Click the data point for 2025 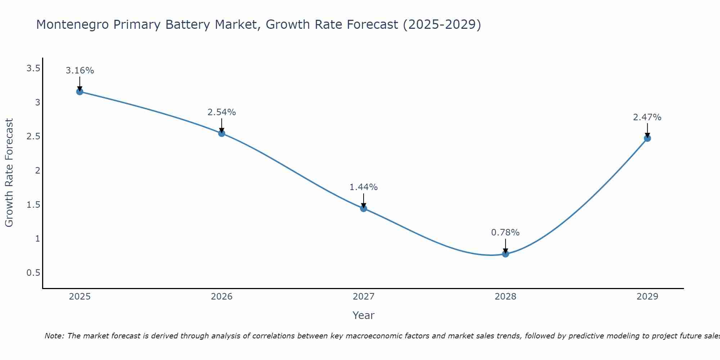tap(80, 91)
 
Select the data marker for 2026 tap(222, 133)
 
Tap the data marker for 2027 tap(364, 208)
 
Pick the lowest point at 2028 tap(505, 254)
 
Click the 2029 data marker tap(647, 138)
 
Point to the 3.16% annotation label tap(80, 71)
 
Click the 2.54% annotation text tap(222, 112)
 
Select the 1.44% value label tap(364, 187)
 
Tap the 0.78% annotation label tap(505, 233)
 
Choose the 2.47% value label tap(647, 117)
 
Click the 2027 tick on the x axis tap(364, 297)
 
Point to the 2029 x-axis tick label tap(647, 297)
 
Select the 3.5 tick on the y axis tap(33, 68)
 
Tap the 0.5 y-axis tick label tap(33, 273)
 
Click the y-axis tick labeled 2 tap(37, 171)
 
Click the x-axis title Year tap(364, 315)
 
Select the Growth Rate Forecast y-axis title tap(9, 173)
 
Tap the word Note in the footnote tap(54, 336)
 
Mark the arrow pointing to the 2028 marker tap(505, 246)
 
